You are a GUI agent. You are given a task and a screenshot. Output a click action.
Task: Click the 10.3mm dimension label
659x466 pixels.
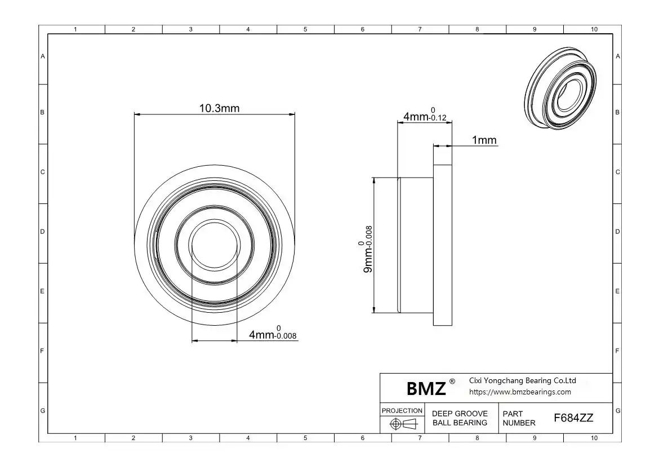point(219,109)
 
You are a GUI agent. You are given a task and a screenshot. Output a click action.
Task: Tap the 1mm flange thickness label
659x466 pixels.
point(484,140)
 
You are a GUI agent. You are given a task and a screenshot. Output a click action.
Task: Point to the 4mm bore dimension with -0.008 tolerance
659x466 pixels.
point(273,332)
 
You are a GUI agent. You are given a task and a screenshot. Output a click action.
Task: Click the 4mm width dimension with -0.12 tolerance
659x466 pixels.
point(425,114)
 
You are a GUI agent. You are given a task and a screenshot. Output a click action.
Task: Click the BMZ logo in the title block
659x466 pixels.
point(426,388)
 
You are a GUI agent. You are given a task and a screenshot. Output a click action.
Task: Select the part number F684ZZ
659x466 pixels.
point(573,418)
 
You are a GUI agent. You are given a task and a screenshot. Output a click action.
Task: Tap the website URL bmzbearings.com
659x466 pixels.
point(520,392)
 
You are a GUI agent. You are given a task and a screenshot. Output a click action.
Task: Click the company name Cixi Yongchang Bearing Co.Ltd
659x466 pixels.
point(522,380)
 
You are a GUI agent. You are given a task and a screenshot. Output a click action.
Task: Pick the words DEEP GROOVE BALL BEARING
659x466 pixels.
point(460,418)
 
